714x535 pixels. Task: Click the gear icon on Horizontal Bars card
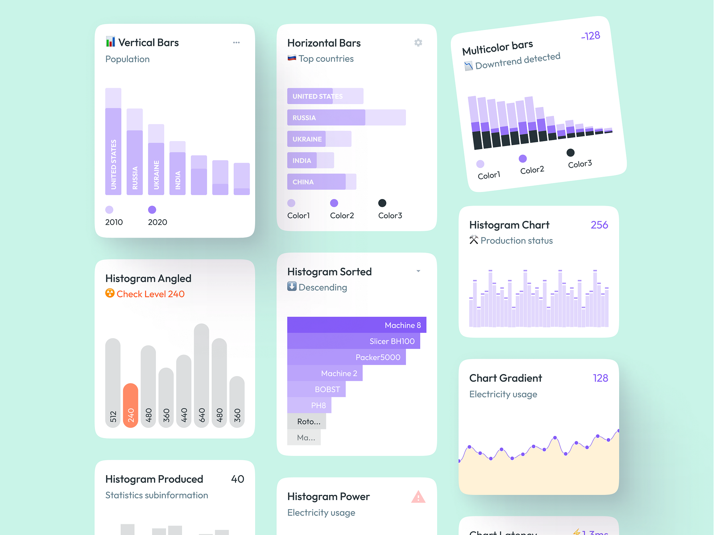click(x=418, y=43)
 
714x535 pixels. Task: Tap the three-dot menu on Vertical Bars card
click(x=236, y=43)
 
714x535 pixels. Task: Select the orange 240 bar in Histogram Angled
click(x=131, y=405)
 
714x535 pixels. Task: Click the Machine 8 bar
click(x=356, y=325)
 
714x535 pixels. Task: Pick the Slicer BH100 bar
click(x=353, y=341)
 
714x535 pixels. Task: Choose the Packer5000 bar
click(x=346, y=357)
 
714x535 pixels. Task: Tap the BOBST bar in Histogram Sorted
click(x=316, y=389)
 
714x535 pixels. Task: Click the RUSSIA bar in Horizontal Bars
click(x=346, y=117)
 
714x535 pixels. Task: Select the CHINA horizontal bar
click(x=321, y=182)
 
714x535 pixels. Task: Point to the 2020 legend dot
click(x=152, y=209)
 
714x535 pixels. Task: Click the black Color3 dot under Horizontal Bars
click(x=382, y=203)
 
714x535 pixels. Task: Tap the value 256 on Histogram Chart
click(x=599, y=225)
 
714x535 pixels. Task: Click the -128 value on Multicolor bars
click(x=590, y=36)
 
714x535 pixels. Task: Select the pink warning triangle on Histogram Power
click(x=418, y=497)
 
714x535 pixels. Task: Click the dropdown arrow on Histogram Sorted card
click(x=418, y=271)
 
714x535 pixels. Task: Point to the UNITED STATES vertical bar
click(x=113, y=150)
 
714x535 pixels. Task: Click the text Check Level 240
click(x=150, y=294)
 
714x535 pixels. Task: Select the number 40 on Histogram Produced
click(x=237, y=479)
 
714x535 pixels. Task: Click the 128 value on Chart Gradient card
click(x=600, y=378)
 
